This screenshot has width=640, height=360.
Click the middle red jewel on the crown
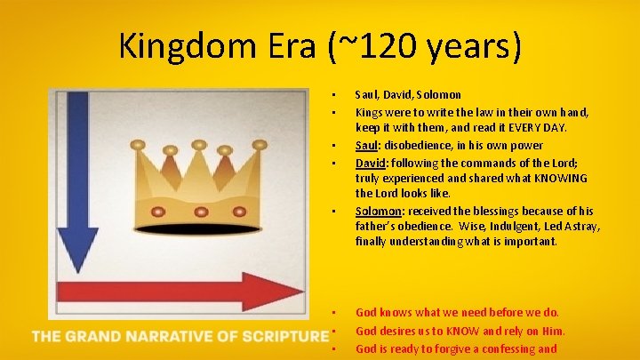pyautogui.click(x=201, y=212)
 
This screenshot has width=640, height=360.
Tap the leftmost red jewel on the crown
pyautogui.click(x=160, y=212)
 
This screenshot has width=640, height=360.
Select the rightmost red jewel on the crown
pyautogui.click(x=243, y=212)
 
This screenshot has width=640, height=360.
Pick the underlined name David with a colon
pyautogui.click(x=372, y=163)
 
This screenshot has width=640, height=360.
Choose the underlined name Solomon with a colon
pyautogui.click(x=380, y=211)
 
